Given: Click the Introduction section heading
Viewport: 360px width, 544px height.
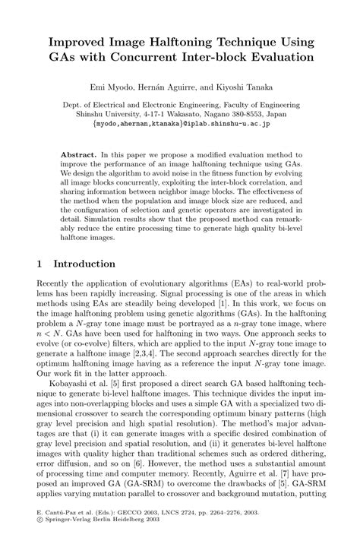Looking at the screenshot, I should point(81,264).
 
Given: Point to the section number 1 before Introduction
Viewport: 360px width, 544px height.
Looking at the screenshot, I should point(39,264).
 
